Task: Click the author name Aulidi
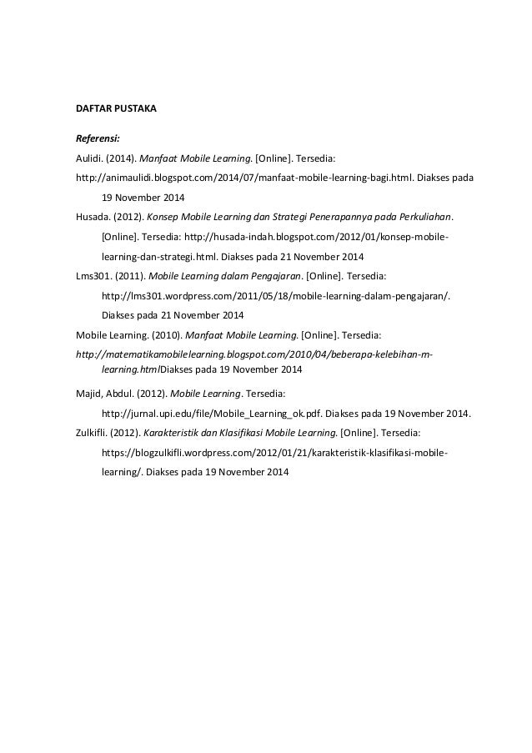coord(88,158)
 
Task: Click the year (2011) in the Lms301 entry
coord(127,276)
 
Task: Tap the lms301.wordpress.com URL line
coord(274,295)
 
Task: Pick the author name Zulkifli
coord(91,433)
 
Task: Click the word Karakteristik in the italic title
coord(176,433)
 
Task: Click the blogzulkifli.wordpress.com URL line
coord(274,453)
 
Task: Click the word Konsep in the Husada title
coord(165,216)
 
